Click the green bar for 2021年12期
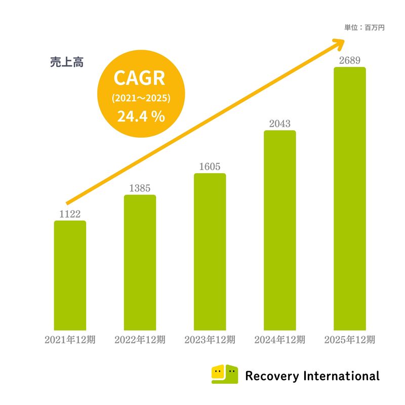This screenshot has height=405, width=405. [70, 275]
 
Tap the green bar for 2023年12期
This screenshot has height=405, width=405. [210, 252]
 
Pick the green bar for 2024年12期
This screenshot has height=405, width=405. [280, 230]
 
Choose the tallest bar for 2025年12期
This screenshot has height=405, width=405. [350, 198]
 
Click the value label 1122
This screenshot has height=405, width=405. [70, 214]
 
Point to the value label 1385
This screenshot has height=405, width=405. [140, 188]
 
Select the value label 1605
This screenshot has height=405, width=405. [210, 167]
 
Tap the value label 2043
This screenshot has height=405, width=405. [280, 124]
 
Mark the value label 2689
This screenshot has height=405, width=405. [350, 61]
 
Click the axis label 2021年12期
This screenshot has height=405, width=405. [70, 340]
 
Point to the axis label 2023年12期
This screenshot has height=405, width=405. [210, 340]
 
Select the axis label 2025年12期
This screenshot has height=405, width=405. [350, 340]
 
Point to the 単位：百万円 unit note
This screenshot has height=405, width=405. [364, 28]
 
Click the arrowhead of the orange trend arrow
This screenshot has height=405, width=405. [339, 44]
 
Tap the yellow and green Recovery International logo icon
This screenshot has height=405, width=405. [224, 374]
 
